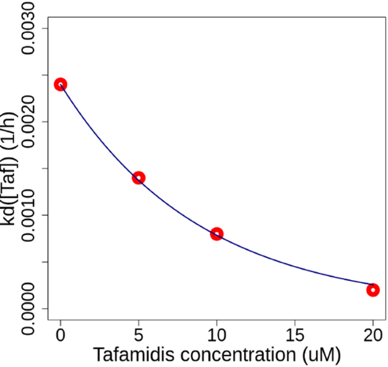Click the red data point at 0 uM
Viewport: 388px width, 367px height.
pos(61,85)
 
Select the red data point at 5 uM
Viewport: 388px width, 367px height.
pos(139,178)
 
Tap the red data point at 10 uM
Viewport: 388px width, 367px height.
pos(216,234)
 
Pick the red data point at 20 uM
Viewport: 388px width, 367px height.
pos(373,290)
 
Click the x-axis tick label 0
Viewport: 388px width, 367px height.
pos(61,336)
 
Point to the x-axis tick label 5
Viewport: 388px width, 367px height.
pos(139,336)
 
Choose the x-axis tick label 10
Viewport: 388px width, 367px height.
pos(216,336)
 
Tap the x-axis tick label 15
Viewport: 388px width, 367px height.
pos(295,336)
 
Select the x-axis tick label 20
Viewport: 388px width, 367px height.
pos(373,336)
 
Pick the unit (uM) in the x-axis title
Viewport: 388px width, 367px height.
pos(322,355)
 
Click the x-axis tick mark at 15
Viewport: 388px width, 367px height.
pos(295,322)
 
